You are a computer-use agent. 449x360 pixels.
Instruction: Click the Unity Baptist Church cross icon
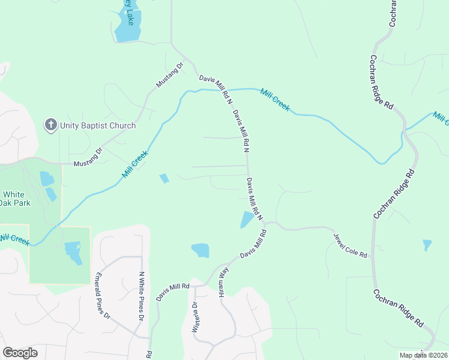50,125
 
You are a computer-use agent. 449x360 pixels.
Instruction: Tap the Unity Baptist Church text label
97,125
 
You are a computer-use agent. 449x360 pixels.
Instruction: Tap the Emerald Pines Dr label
103,296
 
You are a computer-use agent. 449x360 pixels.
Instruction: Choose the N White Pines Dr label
142,296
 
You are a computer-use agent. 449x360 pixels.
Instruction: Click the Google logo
20,353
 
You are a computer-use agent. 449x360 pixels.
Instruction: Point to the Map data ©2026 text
423,355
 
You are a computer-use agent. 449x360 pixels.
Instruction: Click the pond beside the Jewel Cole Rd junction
247,220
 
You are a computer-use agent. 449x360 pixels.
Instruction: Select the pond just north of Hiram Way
200,250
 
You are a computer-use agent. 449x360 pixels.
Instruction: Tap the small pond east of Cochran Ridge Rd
427,245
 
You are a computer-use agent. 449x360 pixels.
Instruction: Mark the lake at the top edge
130,24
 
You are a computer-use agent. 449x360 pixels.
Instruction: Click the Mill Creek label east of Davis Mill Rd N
274,100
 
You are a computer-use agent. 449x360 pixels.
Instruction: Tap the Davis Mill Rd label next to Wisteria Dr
172,292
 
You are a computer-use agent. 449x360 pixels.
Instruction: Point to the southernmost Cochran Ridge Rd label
398,308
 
